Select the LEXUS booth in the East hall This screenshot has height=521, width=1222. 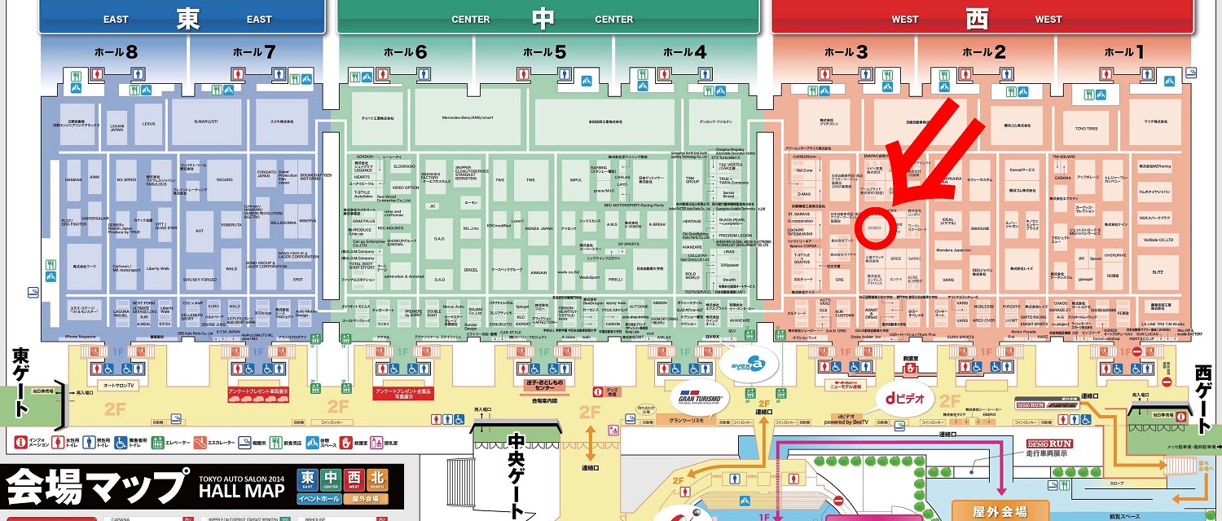pos(148,124)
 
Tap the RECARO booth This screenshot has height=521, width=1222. pos(224,179)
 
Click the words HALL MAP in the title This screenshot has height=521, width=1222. pos(242,491)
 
